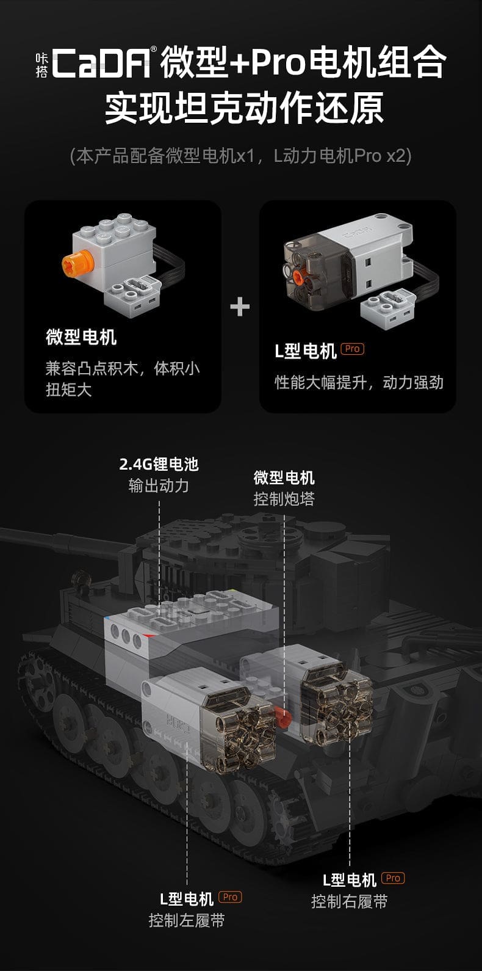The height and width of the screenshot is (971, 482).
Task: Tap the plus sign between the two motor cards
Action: (x=240, y=306)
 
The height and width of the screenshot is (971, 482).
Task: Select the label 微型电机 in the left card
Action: (x=81, y=337)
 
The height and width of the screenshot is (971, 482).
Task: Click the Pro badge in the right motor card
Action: (x=352, y=349)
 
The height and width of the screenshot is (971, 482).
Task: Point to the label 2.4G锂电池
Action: (x=159, y=464)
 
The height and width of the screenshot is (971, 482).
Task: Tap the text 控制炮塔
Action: (x=284, y=498)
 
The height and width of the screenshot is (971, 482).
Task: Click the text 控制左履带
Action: (x=187, y=920)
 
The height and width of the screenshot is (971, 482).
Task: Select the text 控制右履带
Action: (x=349, y=901)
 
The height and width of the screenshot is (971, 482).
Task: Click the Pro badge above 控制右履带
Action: (x=393, y=878)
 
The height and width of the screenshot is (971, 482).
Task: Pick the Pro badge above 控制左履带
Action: (x=230, y=897)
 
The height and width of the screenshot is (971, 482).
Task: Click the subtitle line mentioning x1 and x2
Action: (x=240, y=156)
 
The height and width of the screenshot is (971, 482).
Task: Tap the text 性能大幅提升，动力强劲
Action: (x=359, y=382)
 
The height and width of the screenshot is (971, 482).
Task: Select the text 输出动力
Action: (x=159, y=485)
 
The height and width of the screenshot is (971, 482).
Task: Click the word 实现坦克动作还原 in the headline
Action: (x=240, y=109)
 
